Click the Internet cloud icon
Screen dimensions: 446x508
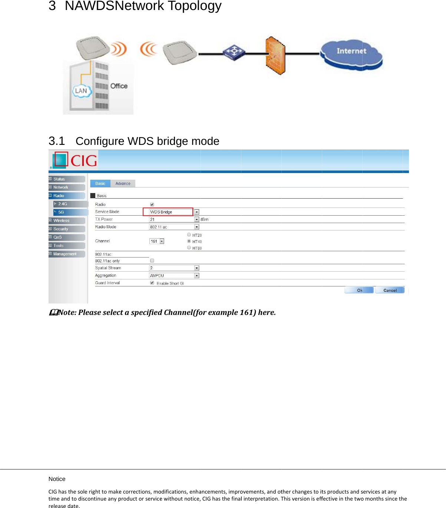point(351,54)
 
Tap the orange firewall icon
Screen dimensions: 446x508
point(275,56)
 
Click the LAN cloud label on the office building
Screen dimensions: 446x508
point(81,91)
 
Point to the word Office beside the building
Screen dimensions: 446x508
point(119,86)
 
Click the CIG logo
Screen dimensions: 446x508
point(74,160)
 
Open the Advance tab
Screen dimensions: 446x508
point(123,183)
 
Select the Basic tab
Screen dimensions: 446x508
point(100,183)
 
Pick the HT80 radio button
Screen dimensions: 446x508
point(189,248)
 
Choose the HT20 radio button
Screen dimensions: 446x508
point(189,235)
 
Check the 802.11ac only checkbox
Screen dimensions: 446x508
point(152,261)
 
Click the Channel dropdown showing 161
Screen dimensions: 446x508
point(157,241)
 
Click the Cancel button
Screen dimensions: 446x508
point(390,290)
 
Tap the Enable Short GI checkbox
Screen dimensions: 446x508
point(152,283)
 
